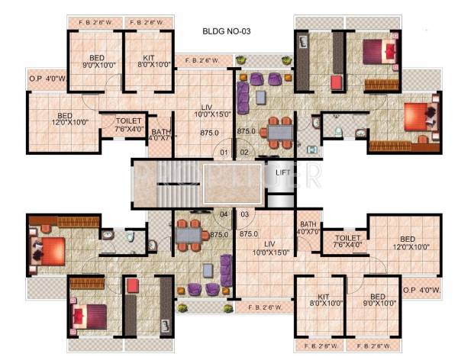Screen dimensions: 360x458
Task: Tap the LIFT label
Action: (x=282, y=172)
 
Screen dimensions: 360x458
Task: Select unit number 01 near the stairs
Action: (x=224, y=153)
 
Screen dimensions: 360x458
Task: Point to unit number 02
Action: (x=245, y=153)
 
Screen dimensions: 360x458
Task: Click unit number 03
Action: (x=245, y=214)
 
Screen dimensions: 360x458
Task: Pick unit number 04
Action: (x=224, y=214)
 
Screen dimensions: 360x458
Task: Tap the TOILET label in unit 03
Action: (x=347, y=241)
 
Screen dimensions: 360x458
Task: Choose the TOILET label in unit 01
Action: (x=127, y=124)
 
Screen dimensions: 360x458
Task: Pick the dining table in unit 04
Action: (x=186, y=235)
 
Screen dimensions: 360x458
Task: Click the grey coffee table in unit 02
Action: (x=261, y=95)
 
